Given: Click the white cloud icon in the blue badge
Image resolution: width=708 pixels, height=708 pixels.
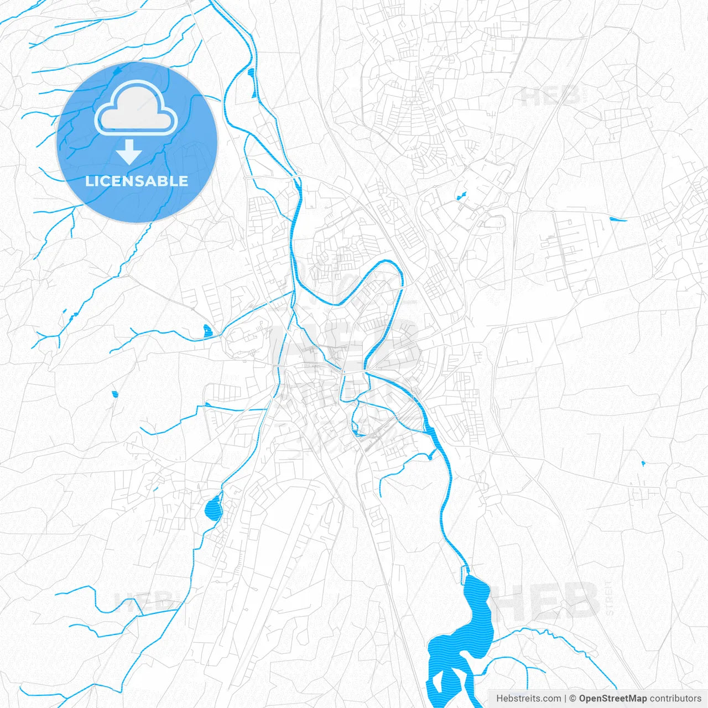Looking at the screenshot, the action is click(136, 110).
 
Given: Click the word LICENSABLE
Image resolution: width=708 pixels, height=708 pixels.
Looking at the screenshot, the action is click(137, 181).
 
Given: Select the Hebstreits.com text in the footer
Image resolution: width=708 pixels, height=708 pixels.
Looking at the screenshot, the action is click(528, 699).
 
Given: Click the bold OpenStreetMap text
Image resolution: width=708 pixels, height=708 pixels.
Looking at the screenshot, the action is click(612, 699).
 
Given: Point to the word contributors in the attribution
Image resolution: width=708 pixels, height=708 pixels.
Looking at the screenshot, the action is click(675, 699).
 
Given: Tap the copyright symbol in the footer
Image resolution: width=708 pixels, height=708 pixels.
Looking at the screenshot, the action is click(573, 699).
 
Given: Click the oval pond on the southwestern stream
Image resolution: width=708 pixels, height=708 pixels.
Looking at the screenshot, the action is click(213, 508).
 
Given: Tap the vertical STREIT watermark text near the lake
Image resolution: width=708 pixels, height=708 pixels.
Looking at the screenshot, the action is click(609, 597).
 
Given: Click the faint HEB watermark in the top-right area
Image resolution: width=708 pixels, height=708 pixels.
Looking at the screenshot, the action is click(550, 97).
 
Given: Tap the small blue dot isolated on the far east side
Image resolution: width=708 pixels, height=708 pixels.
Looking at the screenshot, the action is click(643, 463).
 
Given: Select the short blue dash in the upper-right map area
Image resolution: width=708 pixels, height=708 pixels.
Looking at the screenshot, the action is click(618, 220).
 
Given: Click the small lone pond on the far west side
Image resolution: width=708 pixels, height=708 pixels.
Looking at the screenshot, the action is click(114, 394).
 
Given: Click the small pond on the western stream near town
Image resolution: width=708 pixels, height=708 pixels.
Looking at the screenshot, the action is click(207, 331).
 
